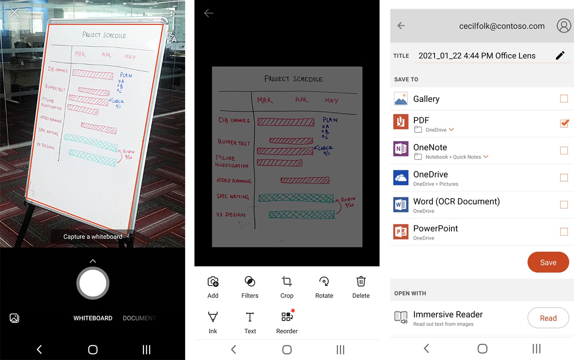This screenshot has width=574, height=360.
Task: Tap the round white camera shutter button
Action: (x=93, y=283)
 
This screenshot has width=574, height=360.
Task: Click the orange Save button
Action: (x=548, y=262)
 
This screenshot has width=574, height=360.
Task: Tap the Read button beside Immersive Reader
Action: (x=548, y=318)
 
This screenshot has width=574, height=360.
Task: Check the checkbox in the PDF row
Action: (x=564, y=123)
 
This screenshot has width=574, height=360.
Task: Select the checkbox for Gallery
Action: (x=564, y=99)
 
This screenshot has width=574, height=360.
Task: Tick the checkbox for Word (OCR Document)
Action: (x=564, y=205)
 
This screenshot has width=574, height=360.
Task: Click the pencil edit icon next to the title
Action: (x=560, y=56)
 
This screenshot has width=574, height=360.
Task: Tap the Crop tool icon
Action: (x=287, y=281)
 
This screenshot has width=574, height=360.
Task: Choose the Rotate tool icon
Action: (x=324, y=281)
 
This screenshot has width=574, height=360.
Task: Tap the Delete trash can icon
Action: (x=361, y=281)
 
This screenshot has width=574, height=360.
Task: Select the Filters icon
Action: (x=250, y=281)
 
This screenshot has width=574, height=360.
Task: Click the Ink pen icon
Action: (x=213, y=317)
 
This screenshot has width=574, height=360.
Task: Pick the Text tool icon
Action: (x=250, y=317)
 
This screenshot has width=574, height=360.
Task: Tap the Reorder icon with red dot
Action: (x=287, y=317)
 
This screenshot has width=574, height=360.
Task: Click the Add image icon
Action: (x=213, y=281)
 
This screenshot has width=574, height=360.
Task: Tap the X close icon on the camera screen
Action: (x=14, y=12)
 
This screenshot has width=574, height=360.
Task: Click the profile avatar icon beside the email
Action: (x=563, y=26)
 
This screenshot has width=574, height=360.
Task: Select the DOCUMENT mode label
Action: (x=139, y=318)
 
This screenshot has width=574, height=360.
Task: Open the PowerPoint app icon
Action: (x=400, y=231)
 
